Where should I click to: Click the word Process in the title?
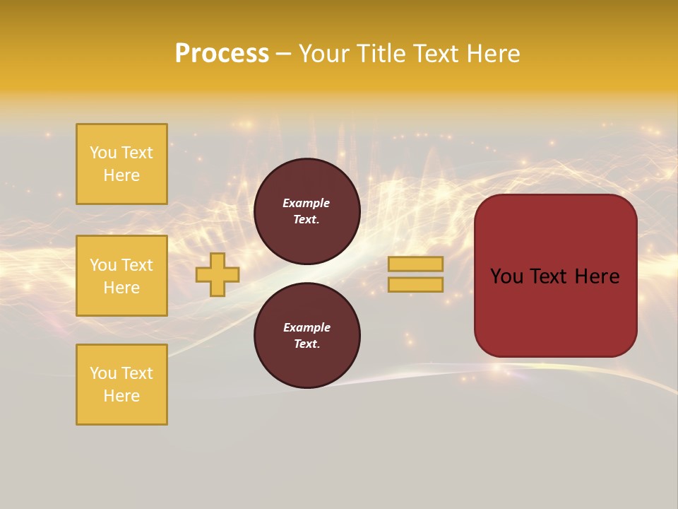(x=222, y=54)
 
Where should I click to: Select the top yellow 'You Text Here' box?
(x=121, y=164)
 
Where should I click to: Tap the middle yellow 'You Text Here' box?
(x=121, y=276)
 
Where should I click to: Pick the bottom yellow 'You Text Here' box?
(x=121, y=385)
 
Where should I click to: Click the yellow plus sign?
(x=218, y=274)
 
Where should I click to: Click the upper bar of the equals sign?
(x=415, y=264)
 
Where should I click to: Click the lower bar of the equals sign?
(x=415, y=284)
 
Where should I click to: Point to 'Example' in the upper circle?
(x=307, y=203)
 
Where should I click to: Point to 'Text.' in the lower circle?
(x=307, y=344)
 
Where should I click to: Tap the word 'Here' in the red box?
(x=597, y=276)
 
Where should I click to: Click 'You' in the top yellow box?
(x=102, y=153)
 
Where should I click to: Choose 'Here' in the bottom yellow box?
(x=121, y=396)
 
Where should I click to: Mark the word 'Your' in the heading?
(x=325, y=54)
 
